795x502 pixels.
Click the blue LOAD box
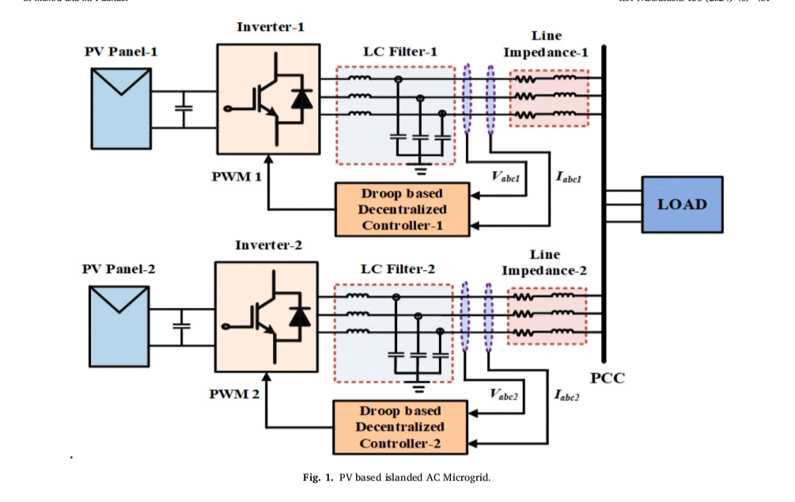point(682,204)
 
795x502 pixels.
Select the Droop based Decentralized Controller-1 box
point(401,209)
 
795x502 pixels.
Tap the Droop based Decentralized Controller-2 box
point(399,428)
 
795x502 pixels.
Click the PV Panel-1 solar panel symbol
point(121,106)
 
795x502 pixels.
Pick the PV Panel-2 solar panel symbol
point(119,323)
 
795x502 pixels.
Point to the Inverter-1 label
point(270,27)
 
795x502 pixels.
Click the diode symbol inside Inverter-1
point(301,99)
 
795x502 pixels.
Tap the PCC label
point(607,378)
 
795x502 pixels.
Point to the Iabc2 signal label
point(567,395)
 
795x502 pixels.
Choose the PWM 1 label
point(236,175)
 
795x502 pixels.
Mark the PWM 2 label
point(234,394)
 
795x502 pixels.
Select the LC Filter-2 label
point(398,269)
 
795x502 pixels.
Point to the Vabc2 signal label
point(504,394)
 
